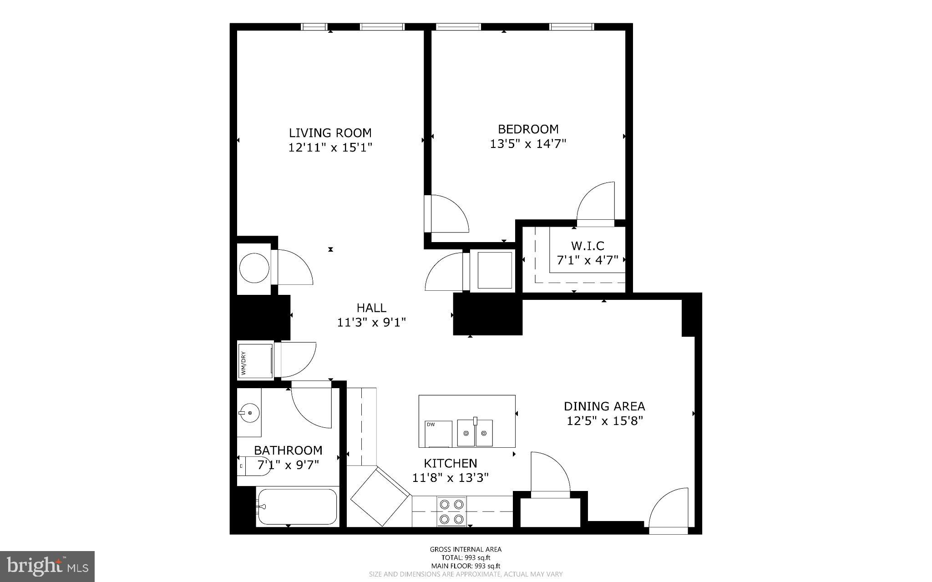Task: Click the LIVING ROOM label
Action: (x=330, y=133)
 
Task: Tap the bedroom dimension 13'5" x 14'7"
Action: (x=528, y=144)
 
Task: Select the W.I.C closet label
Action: (x=588, y=246)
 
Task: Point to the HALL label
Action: (x=371, y=308)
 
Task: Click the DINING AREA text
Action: (x=604, y=406)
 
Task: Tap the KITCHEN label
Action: (x=451, y=463)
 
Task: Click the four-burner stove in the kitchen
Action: (x=452, y=511)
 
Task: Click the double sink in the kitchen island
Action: (x=475, y=433)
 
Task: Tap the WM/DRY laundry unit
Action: (x=255, y=360)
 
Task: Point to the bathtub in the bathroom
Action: (x=298, y=506)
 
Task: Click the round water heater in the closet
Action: (x=254, y=268)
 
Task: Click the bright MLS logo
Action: (x=47, y=566)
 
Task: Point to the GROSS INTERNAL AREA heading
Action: (x=466, y=549)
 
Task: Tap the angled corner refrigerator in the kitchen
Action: (x=380, y=497)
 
